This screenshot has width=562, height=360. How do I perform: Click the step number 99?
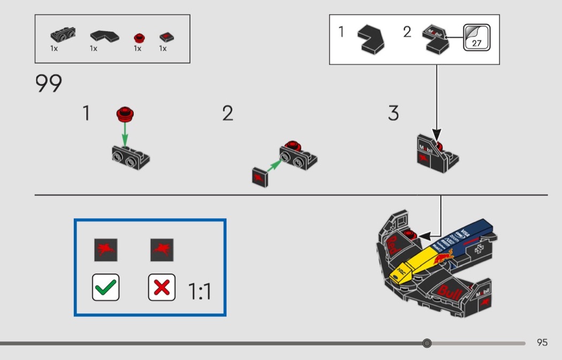pyautogui.click(x=49, y=84)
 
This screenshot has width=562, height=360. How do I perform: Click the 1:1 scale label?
pyautogui.click(x=200, y=292)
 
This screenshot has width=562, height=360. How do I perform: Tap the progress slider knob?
pyautogui.click(x=427, y=343)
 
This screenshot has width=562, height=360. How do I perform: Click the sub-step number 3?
pyautogui.click(x=393, y=113)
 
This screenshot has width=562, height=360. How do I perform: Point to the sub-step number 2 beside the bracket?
pyautogui.click(x=228, y=113)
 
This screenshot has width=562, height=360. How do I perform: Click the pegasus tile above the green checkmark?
pyautogui.click(x=105, y=250)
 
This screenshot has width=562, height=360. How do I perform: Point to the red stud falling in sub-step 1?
pyautogui.click(x=125, y=113)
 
